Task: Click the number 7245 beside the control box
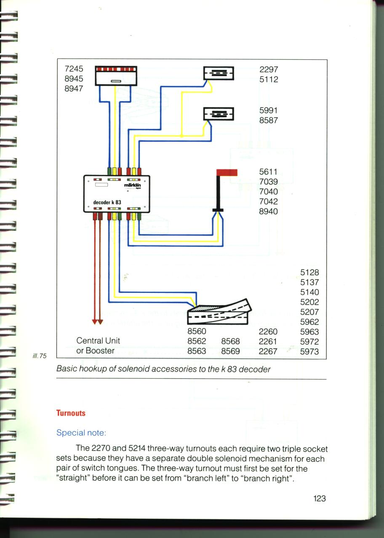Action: (x=74, y=69)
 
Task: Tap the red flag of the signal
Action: (x=227, y=172)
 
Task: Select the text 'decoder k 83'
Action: (x=107, y=202)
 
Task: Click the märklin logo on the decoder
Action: (x=132, y=185)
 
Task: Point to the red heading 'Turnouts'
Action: (x=71, y=413)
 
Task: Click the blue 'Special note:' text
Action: (x=81, y=433)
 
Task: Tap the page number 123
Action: (x=320, y=498)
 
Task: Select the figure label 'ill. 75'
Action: (x=40, y=356)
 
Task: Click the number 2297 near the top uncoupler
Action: (x=269, y=69)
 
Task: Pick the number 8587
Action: (x=269, y=120)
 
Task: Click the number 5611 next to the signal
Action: (x=268, y=172)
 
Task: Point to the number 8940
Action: (x=268, y=211)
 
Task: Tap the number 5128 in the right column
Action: (x=309, y=272)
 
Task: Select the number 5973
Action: (x=309, y=352)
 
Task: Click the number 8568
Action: (x=230, y=341)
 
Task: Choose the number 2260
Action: (x=268, y=332)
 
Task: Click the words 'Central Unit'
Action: (x=98, y=340)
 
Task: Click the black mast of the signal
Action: (x=218, y=192)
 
